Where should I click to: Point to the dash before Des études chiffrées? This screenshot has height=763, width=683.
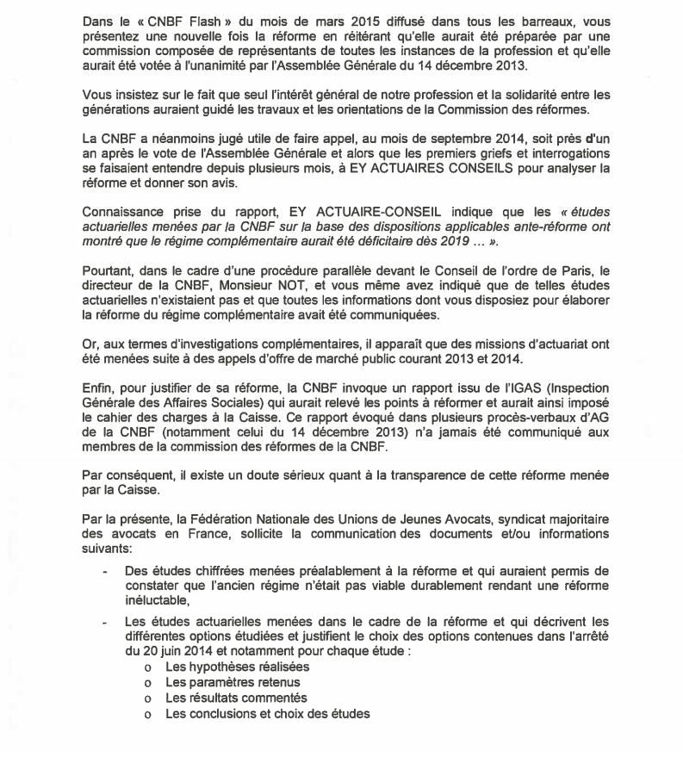coord(105,570)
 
